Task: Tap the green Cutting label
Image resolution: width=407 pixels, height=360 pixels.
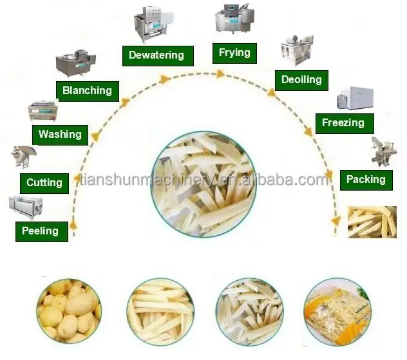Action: [44, 184]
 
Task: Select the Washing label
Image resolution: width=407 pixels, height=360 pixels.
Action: [60, 135]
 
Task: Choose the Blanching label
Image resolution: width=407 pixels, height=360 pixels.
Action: [87, 91]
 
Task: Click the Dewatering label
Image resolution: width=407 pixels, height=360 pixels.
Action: [156, 55]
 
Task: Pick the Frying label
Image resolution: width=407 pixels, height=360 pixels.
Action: [234, 53]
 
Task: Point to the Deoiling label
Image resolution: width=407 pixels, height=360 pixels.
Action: [301, 80]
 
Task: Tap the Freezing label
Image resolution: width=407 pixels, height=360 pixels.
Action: [343, 122]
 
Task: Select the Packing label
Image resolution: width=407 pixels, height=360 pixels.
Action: [366, 180]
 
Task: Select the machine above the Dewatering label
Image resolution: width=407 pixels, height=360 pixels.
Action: [154, 25]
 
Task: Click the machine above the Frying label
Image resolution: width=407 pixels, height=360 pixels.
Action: [234, 19]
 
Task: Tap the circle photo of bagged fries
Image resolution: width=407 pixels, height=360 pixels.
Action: [337, 312]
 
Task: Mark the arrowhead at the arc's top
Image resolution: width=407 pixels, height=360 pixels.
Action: [221, 74]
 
